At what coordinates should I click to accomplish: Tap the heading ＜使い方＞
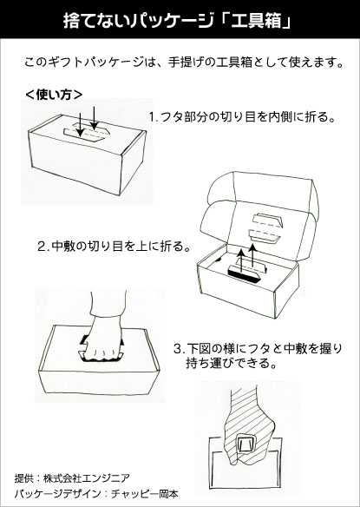pyautogui.click(x=54, y=95)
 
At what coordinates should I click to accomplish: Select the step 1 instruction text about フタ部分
pyautogui.click(x=242, y=116)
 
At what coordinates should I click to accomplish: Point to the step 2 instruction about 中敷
pyautogui.click(x=115, y=247)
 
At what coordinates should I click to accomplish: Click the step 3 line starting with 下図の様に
pyautogui.click(x=258, y=349)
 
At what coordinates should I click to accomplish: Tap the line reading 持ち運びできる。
pyautogui.click(x=232, y=364)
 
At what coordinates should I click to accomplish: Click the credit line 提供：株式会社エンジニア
pyautogui.click(x=72, y=477)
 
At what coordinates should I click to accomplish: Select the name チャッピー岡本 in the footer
pyautogui.click(x=145, y=494)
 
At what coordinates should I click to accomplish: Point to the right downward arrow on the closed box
pyautogui.click(x=94, y=118)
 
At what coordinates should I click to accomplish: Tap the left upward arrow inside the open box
pyautogui.click(x=239, y=260)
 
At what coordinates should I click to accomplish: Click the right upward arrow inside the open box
pyautogui.click(x=253, y=255)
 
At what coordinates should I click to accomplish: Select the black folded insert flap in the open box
pyautogui.click(x=243, y=275)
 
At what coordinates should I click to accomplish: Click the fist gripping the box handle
pyautogui.click(x=102, y=341)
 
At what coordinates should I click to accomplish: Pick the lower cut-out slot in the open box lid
pyautogui.click(x=265, y=236)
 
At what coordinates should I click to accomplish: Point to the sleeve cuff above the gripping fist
pyautogui.click(x=108, y=312)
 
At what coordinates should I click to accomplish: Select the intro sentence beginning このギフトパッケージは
pyautogui.click(x=184, y=63)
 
